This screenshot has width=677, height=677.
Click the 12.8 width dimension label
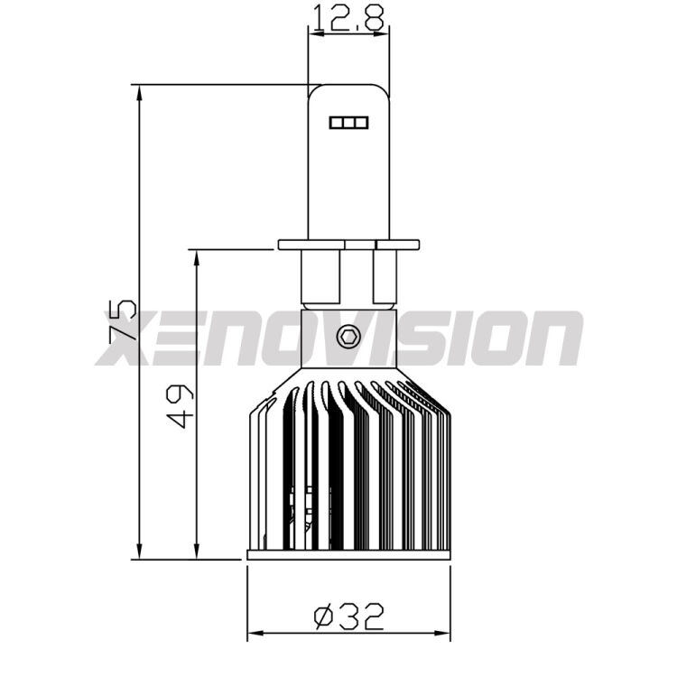coord(349,16)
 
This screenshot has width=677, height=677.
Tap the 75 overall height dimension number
coord(124,320)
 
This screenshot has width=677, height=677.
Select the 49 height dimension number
coord(181,405)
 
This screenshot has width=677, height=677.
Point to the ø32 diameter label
coord(349,617)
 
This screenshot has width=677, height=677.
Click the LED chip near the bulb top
coord(348,121)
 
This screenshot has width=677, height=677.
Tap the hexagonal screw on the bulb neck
coord(348,337)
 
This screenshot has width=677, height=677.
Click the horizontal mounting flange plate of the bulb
coord(348,244)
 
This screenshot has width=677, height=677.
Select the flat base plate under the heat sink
coord(348,554)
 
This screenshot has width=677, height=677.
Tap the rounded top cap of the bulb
coord(348,90)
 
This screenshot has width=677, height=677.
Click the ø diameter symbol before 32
coord(322,617)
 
